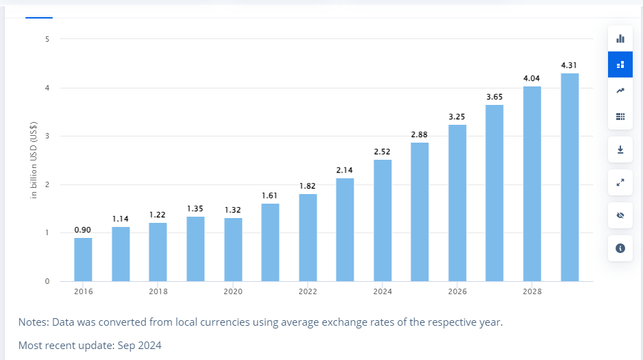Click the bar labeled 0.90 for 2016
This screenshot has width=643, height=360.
pos(83,259)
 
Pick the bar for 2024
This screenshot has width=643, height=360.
pos(383,220)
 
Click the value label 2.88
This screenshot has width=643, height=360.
pos(420,134)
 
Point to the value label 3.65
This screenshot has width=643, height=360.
pos(494,97)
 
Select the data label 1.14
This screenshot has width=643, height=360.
pos(121,219)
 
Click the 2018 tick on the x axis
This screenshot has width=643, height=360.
pos(158,291)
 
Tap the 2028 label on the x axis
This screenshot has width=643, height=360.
pos(532,291)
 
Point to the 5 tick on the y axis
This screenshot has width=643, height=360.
pos(47,39)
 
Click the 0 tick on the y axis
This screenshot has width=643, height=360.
pos(47,281)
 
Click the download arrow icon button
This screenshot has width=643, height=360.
pos(620,149)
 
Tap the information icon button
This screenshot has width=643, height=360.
pos(620,248)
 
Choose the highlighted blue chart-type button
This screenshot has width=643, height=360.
pos(620,64)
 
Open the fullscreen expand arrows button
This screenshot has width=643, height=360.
pos(620,182)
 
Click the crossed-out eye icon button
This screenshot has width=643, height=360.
pos(620,215)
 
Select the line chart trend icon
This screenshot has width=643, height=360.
pos(620,91)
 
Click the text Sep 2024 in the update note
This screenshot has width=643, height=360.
pos(140,346)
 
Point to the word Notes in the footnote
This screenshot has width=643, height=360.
pos(33,322)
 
